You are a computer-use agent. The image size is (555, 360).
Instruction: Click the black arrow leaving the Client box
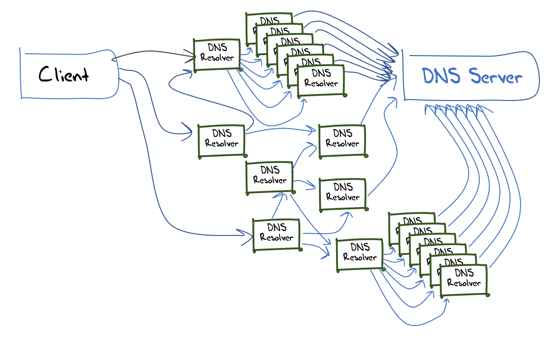click(151, 52)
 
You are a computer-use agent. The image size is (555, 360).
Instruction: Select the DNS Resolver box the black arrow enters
click(217, 55)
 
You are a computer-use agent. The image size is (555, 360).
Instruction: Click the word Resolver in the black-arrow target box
click(217, 58)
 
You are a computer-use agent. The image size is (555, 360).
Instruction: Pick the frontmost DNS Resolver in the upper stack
click(320, 80)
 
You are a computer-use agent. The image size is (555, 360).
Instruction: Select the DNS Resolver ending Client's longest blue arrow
click(276, 235)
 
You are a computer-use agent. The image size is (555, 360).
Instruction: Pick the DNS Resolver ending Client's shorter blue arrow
click(221, 141)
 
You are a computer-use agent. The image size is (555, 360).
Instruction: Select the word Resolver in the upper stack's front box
click(321, 84)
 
